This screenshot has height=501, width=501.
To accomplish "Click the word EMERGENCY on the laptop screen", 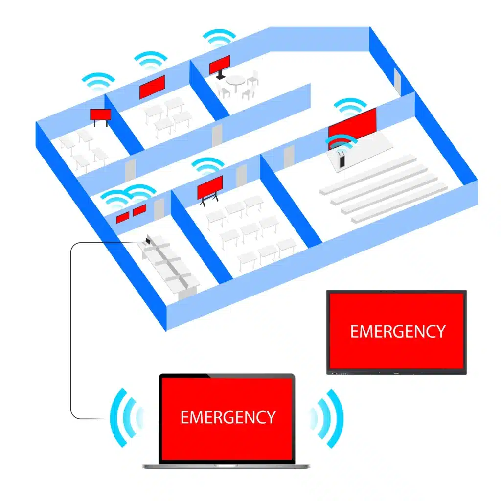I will click(228, 417).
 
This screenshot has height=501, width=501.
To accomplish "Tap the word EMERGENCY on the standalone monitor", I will click(398, 331).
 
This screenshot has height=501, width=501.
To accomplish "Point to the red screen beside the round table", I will click(220, 65).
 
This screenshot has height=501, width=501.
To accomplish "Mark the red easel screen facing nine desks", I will click(210, 187).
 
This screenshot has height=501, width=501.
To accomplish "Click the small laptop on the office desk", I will click(148, 240).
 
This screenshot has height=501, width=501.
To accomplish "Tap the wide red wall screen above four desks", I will click(152, 87).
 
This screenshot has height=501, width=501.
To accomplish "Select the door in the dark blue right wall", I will click(397, 81).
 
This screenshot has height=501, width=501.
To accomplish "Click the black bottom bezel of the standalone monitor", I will click(397, 372).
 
